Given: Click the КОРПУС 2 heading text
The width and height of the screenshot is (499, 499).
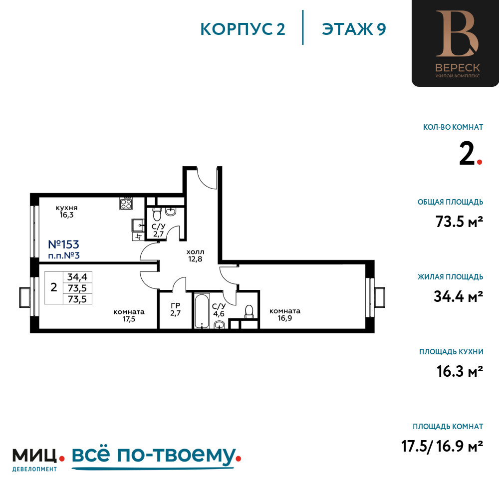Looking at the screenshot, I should (x=243, y=29).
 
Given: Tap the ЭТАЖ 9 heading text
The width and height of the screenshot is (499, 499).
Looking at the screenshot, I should (x=354, y=29).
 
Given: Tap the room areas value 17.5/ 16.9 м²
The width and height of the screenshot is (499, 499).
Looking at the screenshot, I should (x=442, y=446).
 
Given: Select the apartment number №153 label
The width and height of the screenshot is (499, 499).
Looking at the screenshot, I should (x=63, y=245).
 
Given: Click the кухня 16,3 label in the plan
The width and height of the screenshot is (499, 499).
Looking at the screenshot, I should (x=66, y=212).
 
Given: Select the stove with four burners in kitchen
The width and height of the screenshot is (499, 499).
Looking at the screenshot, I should (x=126, y=203).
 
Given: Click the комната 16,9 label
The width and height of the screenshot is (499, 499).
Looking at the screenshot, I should (x=285, y=314).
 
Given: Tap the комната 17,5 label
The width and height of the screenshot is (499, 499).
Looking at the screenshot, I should (x=129, y=316).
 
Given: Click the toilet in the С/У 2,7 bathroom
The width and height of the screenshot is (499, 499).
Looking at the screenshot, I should (x=157, y=215).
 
